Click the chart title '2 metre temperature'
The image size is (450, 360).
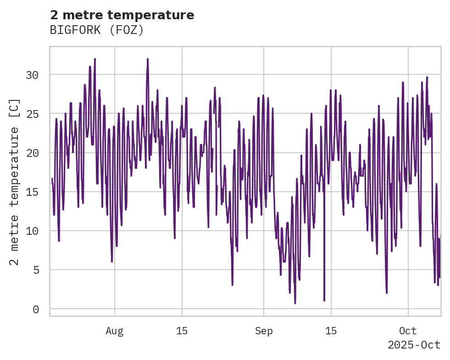(122, 15)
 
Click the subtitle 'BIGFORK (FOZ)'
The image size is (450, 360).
(97, 30)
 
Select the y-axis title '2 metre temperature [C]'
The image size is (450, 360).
(14, 182)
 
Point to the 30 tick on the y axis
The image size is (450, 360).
(33, 75)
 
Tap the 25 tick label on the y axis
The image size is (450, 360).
(33, 114)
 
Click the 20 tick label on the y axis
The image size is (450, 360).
(33, 153)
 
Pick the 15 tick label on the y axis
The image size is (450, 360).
(33, 192)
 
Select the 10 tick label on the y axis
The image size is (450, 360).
(33, 231)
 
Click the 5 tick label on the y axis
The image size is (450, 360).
(36, 270)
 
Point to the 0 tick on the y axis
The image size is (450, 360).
(36, 310)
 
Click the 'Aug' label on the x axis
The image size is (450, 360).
(114, 331)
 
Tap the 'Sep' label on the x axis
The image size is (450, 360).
(264, 331)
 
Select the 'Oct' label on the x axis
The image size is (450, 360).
(408, 331)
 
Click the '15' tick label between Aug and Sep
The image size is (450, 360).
(182, 331)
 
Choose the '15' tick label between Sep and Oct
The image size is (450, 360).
(331, 331)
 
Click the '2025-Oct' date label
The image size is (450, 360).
(414, 345)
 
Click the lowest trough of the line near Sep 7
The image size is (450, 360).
(295, 303)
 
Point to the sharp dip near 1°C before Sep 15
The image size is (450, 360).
(324, 300)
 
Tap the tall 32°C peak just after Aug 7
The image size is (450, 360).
(148, 59)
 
